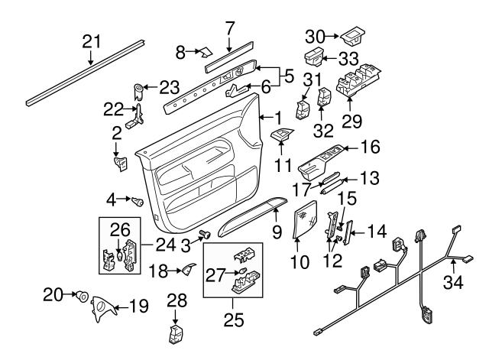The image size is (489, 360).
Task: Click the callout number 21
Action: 92,41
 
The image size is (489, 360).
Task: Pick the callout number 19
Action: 138,307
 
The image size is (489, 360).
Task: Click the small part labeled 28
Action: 175,334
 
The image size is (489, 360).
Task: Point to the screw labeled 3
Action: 205,235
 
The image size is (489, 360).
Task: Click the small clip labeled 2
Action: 120,162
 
